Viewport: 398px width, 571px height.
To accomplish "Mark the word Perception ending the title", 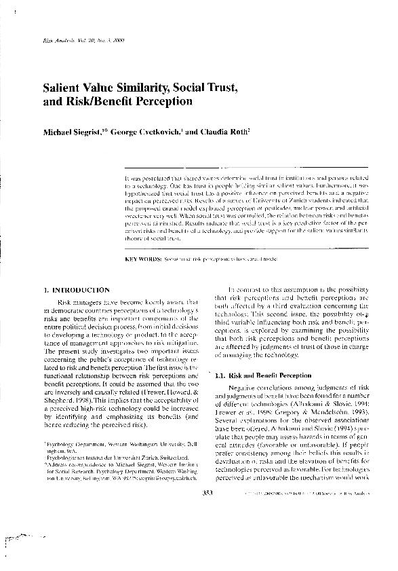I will (x=165, y=103).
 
